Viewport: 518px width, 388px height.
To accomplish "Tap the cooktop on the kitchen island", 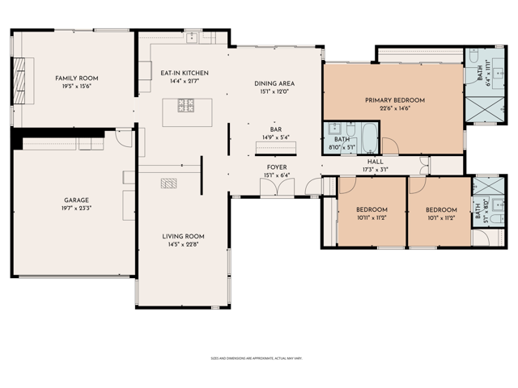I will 184,105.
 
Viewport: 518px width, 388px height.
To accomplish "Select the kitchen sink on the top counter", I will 191,37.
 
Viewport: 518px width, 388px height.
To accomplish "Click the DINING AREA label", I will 274,83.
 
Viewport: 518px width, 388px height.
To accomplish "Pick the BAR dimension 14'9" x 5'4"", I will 276,137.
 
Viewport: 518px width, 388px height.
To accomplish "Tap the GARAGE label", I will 76,200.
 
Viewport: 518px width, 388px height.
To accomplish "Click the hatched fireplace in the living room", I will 169,183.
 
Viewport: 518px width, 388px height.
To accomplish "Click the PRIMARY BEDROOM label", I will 394,100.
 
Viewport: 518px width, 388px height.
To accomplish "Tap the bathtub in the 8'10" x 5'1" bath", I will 368,138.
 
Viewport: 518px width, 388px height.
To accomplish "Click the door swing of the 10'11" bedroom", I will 346,184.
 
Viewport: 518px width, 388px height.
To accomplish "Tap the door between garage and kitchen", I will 121,139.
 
